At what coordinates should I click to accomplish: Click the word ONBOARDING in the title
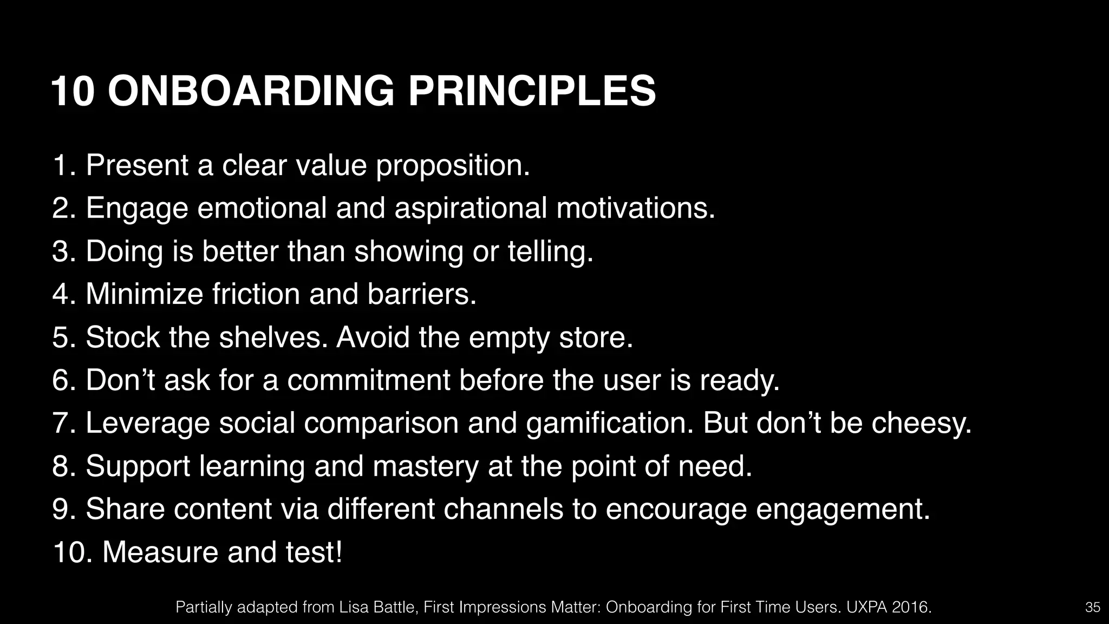point(251,91)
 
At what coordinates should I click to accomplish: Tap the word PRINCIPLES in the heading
point(532,91)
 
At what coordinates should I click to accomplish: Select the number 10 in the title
point(74,91)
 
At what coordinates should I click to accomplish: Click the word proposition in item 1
point(452,166)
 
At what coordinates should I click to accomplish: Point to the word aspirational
point(471,209)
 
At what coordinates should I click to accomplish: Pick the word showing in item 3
point(408,252)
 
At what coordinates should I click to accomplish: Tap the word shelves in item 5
point(273,337)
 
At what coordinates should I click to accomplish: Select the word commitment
point(368,380)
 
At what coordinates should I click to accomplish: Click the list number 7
point(62,423)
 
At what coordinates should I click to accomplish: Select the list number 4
point(62,294)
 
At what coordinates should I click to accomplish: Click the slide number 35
point(1093,607)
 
